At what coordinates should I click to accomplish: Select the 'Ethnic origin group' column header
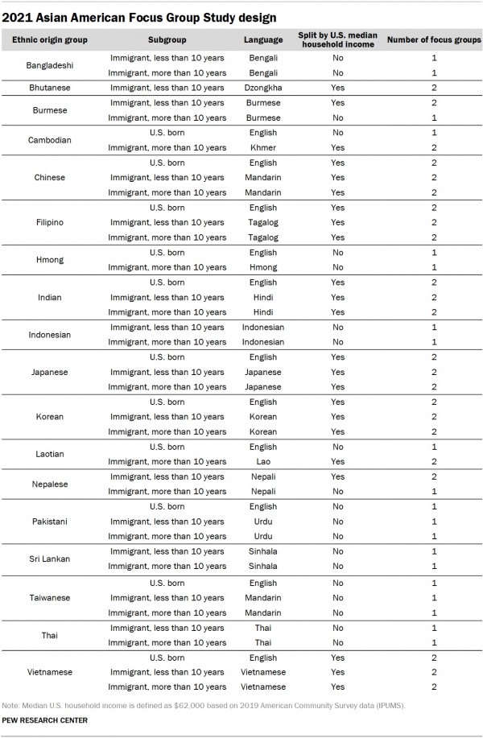pos(50,39)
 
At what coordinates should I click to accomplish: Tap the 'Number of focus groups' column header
pos(434,39)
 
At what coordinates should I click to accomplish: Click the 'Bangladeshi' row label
pos(50,65)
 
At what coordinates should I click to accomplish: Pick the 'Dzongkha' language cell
pos(262,88)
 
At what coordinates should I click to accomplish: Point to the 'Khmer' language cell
pos(262,148)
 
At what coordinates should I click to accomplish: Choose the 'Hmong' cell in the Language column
pos(262,267)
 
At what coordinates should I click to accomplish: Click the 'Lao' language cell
pos(262,462)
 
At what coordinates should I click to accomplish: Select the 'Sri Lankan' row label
pos(50,559)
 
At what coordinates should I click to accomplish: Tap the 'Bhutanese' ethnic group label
pos(50,88)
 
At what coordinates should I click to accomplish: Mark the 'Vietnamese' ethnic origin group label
pos(50,672)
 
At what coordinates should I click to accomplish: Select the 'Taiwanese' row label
pos(50,598)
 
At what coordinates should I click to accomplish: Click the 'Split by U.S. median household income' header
pos(337,39)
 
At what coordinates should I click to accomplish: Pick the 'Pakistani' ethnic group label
pos(50,522)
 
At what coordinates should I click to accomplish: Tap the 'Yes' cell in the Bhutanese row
pos(337,88)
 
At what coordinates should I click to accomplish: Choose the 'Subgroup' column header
pos(167,39)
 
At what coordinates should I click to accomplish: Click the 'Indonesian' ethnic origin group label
pos(50,335)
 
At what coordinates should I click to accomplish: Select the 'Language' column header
pos(262,39)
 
